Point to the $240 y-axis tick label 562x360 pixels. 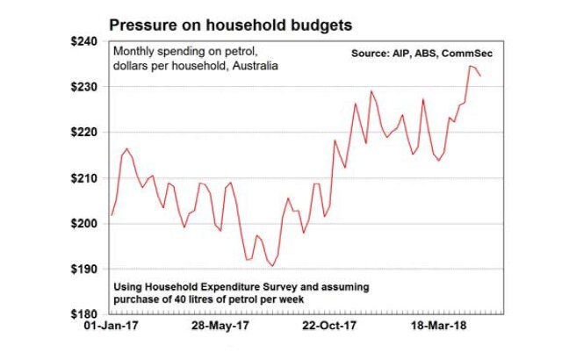(87, 41)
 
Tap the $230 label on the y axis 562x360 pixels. (87, 87)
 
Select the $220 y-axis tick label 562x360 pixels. (87, 132)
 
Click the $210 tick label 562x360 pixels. (87, 178)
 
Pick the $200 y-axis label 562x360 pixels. (87, 224)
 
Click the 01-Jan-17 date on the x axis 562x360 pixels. (112, 327)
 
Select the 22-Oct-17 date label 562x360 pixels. (328, 327)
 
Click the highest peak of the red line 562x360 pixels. (470, 66)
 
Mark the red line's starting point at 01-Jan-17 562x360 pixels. (111, 215)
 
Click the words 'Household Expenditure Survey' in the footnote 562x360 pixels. (230, 287)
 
